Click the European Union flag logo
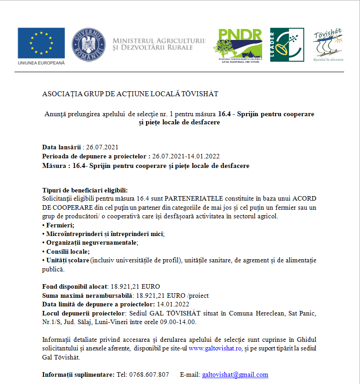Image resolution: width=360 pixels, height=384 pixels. (41, 42)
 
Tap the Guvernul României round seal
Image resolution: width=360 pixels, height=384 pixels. (89, 45)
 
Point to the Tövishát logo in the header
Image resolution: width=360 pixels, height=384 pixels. (328, 45)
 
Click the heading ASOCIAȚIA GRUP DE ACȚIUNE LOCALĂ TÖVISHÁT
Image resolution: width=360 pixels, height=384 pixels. (130, 94)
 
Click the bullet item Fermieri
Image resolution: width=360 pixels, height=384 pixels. (60, 225)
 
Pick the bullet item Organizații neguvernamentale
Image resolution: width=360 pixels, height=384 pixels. (91, 242)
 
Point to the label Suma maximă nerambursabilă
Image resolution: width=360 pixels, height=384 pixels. (83, 295)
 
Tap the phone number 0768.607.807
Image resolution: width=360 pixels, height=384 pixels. (149, 374)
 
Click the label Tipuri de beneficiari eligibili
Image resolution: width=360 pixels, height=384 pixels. (85, 190)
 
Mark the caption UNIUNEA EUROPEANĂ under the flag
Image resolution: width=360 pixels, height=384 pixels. (41, 63)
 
